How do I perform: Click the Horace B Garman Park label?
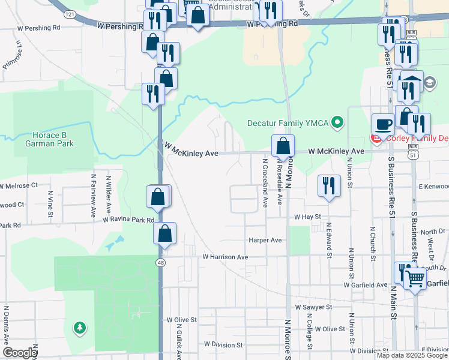(x=50, y=140)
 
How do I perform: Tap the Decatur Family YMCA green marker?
(x=337, y=123)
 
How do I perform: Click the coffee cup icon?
(x=383, y=125)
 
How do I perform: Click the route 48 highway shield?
(x=160, y=263)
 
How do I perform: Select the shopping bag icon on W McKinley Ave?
(x=282, y=145)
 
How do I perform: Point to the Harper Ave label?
(x=265, y=240)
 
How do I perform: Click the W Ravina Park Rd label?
(x=128, y=220)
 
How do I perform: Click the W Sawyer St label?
(x=313, y=307)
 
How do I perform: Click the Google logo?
(x=20, y=353)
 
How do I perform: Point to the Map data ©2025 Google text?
(x=412, y=355)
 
